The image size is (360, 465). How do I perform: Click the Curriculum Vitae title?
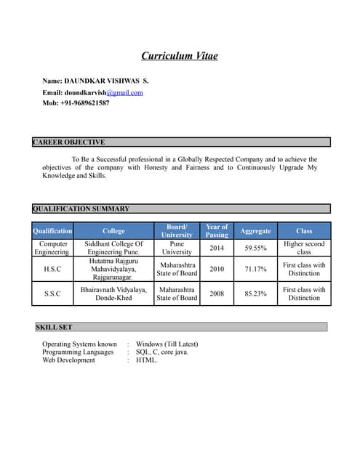point(179,56)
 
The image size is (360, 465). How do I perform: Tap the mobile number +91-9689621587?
point(76,103)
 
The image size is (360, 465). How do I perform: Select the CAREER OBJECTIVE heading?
point(69,142)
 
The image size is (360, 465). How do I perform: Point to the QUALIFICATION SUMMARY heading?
point(81,209)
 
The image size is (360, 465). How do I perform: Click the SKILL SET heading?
point(55,328)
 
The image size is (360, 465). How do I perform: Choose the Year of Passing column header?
point(217,230)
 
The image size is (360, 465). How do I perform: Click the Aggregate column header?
point(255,231)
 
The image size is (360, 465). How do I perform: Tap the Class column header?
point(304,231)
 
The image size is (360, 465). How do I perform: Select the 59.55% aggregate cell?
point(255,248)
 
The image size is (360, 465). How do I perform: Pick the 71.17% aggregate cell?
point(255,269)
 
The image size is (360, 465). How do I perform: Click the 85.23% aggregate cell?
point(255,294)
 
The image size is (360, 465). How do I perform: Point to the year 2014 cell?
point(217,248)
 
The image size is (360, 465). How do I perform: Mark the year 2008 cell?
point(217,294)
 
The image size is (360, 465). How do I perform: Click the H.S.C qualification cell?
point(52,269)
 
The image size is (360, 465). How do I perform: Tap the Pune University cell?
point(177,248)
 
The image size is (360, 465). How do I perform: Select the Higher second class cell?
point(304,248)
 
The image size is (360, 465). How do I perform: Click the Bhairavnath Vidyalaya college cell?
point(113,294)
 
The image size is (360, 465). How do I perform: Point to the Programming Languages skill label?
point(78,352)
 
